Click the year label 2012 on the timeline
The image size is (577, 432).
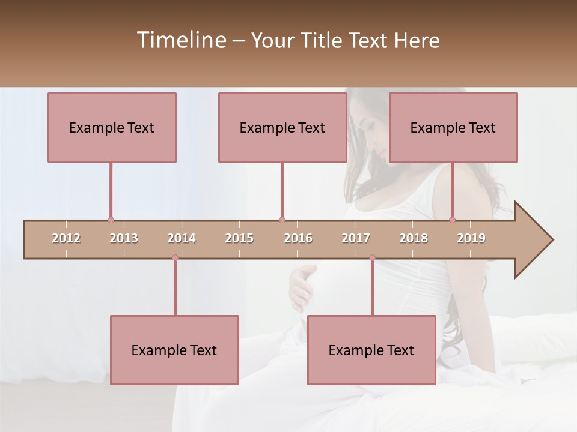pyautogui.click(x=66, y=238)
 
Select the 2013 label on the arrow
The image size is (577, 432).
pyautogui.click(x=124, y=238)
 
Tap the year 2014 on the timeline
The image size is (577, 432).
pyautogui.click(x=182, y=238)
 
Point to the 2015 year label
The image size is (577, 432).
pyautogui.click(x=239, y=238)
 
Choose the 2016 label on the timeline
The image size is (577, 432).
pyautogui.click(x=298, y=238)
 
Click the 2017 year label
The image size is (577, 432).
pyautogui.click(x=356, y=238)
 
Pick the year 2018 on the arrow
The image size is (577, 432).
pyautogui.click(x=414, y=238)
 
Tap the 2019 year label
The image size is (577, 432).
pyautogui.click(x=471, y=238)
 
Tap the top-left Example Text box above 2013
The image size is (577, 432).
pyautogui.click(x=112, y=127)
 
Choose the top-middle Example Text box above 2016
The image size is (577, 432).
pyautogui.click(x=282, y=127)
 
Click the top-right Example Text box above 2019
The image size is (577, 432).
pyautogui.click(x=453, y=127)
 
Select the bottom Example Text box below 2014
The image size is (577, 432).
pyautogui.click(x=174, y=350)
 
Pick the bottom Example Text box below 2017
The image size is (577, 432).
pyautogui.click(x=371, y=350)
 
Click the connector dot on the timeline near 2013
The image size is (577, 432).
pyautogui.click(x=111, y=220)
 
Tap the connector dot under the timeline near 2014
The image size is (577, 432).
pyautogui.click(x=175, y=258)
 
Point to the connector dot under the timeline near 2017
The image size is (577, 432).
pyautogui.click(x=372, y=258)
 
